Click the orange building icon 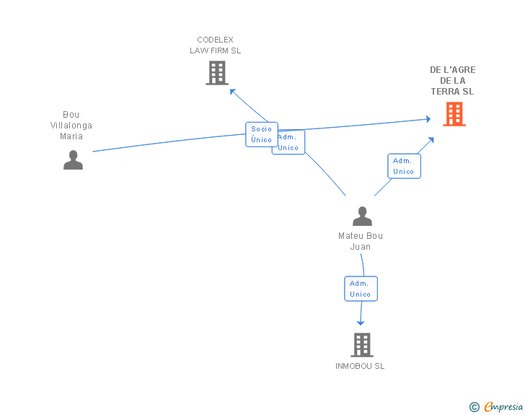[x=454, y=114]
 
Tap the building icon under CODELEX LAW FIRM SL [x=216, y=73]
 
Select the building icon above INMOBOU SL [x=361, y=345]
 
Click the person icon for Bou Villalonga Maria [x=73, y=160]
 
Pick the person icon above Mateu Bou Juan [x=362, y=217]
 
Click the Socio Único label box [x=261, y=134]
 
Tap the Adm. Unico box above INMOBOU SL [x=361, y=289]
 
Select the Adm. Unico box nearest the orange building [x=404, y=166]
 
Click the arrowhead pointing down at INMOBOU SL [x=361, y=322]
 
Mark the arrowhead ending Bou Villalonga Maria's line [x=428, y=120]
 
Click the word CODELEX [x=215, y=40]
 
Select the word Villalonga [x=71, y=126]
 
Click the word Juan [x=361, y=247]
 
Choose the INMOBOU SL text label [x=360, y=366]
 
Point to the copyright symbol [x=474, y=407]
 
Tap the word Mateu [x=350, y=236]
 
